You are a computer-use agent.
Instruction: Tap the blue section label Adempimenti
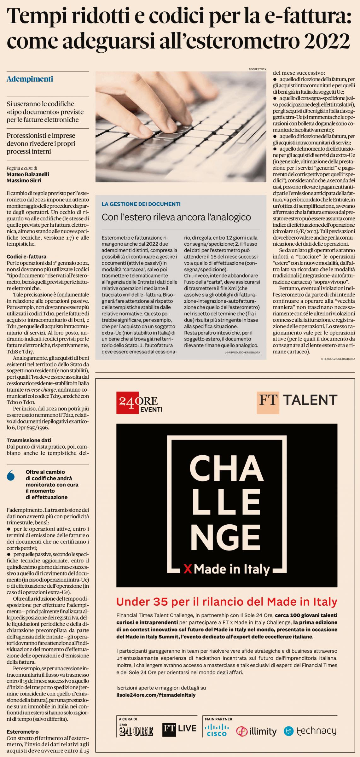click(x=30, y=79)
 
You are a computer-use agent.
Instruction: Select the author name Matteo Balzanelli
click(x=28, y=174)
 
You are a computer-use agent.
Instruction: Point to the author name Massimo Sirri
click(x=24, y=181)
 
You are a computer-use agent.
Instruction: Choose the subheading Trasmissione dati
click(x=29, y=440)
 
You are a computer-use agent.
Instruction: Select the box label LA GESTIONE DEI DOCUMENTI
click(x=141, y=204)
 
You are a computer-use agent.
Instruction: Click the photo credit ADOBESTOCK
click(x=257, y=69)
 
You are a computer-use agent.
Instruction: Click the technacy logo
click(x=310, y=731)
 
